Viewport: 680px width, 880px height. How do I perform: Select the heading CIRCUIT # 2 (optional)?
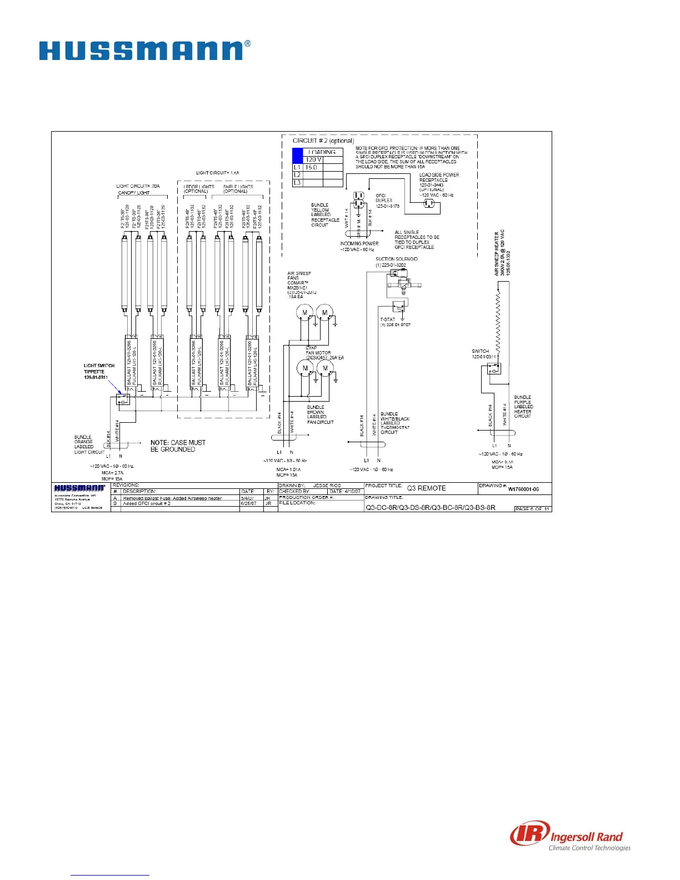point(323,141)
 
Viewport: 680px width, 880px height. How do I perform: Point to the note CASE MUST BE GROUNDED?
point(178,446)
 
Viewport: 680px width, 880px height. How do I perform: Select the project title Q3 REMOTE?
point(426,488)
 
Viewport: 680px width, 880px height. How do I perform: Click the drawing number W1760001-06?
point(523,489)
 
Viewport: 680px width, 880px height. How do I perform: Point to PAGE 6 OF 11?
point(533,508)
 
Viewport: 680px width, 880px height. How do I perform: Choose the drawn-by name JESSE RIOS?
point(327,486)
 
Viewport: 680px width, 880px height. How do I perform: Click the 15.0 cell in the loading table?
point(311,167)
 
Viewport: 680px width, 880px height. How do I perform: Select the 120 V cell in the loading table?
point(314,159)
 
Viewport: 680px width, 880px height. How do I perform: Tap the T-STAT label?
point(388,319)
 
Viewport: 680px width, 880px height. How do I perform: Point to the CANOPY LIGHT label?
point(134,193)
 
